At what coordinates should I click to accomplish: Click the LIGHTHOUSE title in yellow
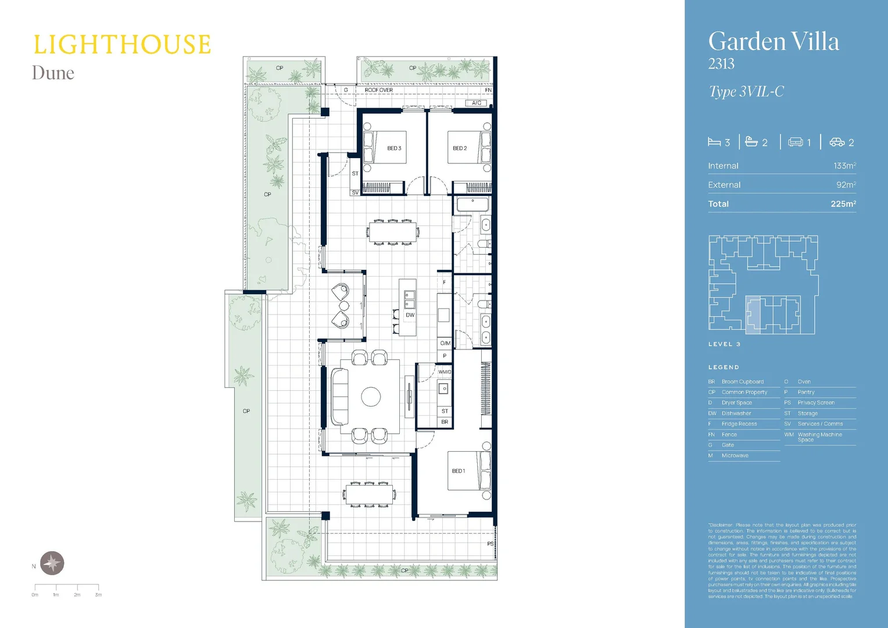(121, 45)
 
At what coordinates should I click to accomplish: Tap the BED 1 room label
(459, 471)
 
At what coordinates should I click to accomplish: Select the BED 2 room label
(460, 148)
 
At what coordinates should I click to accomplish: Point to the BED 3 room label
(394, 148)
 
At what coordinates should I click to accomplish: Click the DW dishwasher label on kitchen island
(410, 315)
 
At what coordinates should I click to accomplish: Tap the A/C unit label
(477, 103)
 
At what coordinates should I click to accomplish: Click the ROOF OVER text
(378, 90)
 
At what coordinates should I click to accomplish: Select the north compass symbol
(52, 563)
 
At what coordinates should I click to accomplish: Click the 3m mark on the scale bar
(98, 594)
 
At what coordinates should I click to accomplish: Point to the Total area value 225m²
(843, 204)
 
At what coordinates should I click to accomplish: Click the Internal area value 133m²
(844, 166)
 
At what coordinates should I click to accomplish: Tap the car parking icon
(837, 142)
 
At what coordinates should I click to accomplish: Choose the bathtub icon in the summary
(751, 141)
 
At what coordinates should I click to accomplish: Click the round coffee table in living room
(371, 397)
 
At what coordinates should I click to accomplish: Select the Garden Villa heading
(774, 42)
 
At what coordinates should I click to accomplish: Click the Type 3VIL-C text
(746, 92)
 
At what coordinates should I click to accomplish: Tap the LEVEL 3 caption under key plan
(724, 344)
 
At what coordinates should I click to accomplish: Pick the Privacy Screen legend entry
(816, 402)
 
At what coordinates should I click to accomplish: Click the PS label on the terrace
(490, 544)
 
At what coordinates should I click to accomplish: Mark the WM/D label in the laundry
(445, 372)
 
